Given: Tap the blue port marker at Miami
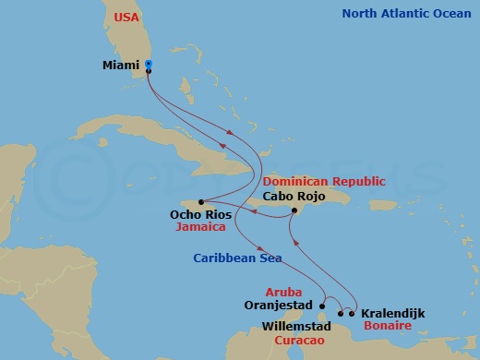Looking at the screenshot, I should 149,64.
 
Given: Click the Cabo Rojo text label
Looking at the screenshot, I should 294,196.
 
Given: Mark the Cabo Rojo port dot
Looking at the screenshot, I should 294,210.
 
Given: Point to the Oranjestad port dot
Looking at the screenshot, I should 322,303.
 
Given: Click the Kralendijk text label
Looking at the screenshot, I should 392,314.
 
